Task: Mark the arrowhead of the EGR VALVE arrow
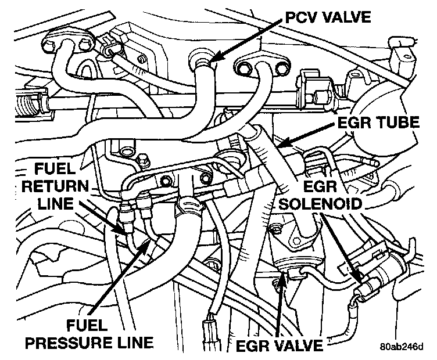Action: [x=282, y=273]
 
